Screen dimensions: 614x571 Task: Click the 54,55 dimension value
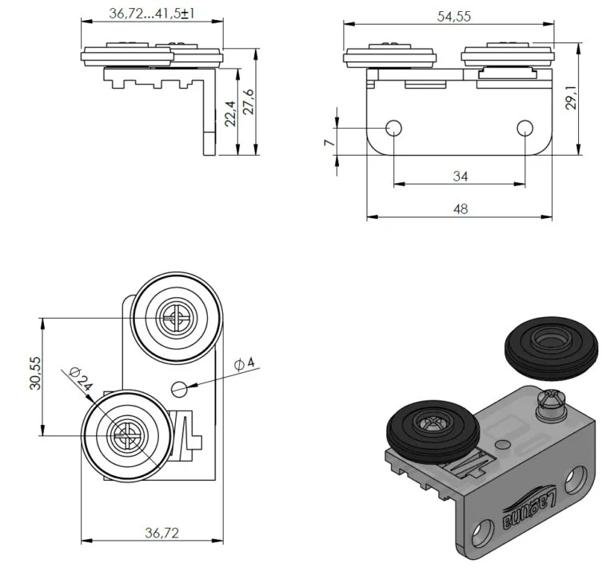pyautogui.click(x=454, y=17)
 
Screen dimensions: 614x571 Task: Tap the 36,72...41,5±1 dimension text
pyautogui.click(x=152, y=14)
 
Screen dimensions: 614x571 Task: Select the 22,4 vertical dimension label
pyautogui.click(x=230, y=113)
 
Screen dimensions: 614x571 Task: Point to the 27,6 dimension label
pyautogui.click(x=249, y=101)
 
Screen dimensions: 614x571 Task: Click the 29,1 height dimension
pyautogui.click(x=572, y=97)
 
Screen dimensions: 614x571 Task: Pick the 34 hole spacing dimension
pyautogui.click(x=460, y=176)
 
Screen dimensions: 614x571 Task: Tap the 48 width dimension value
pyautogui.click(x=460, y=209)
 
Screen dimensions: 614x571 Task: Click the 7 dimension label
pyautogui.click(x=330, y=142)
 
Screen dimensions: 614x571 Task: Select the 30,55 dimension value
pyautogui.click(x=35, y=373)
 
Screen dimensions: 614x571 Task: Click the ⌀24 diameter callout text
pyautogui.click(x=81, y=379)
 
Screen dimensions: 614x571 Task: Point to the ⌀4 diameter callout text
pyautogui.click(x=245, y=364)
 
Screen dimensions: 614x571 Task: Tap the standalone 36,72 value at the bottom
pyautogui.click(x=161, y=533)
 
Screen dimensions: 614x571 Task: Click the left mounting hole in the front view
pyautogui.click(x=393, y=128)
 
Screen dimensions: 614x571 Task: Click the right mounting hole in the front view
pyautogui.click(x=524, y=128)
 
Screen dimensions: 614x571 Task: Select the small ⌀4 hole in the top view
pyautogui.click(x=180, y=388)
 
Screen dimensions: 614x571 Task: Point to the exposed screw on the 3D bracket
pyautogui.click(x=551, y=403)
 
